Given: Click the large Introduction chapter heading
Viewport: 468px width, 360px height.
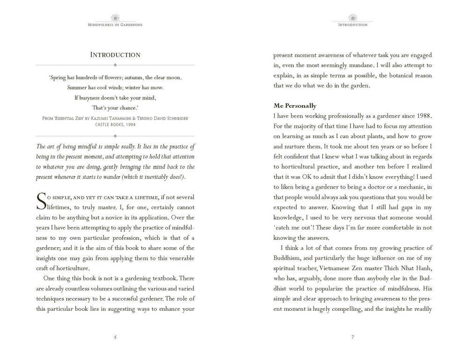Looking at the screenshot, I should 115,55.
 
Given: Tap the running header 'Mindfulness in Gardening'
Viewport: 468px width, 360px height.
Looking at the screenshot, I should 115,24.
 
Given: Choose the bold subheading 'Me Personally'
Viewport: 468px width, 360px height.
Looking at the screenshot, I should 295,106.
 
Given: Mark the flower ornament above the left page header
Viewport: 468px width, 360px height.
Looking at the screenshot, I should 115,17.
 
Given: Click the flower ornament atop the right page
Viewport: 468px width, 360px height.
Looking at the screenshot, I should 352,17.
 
